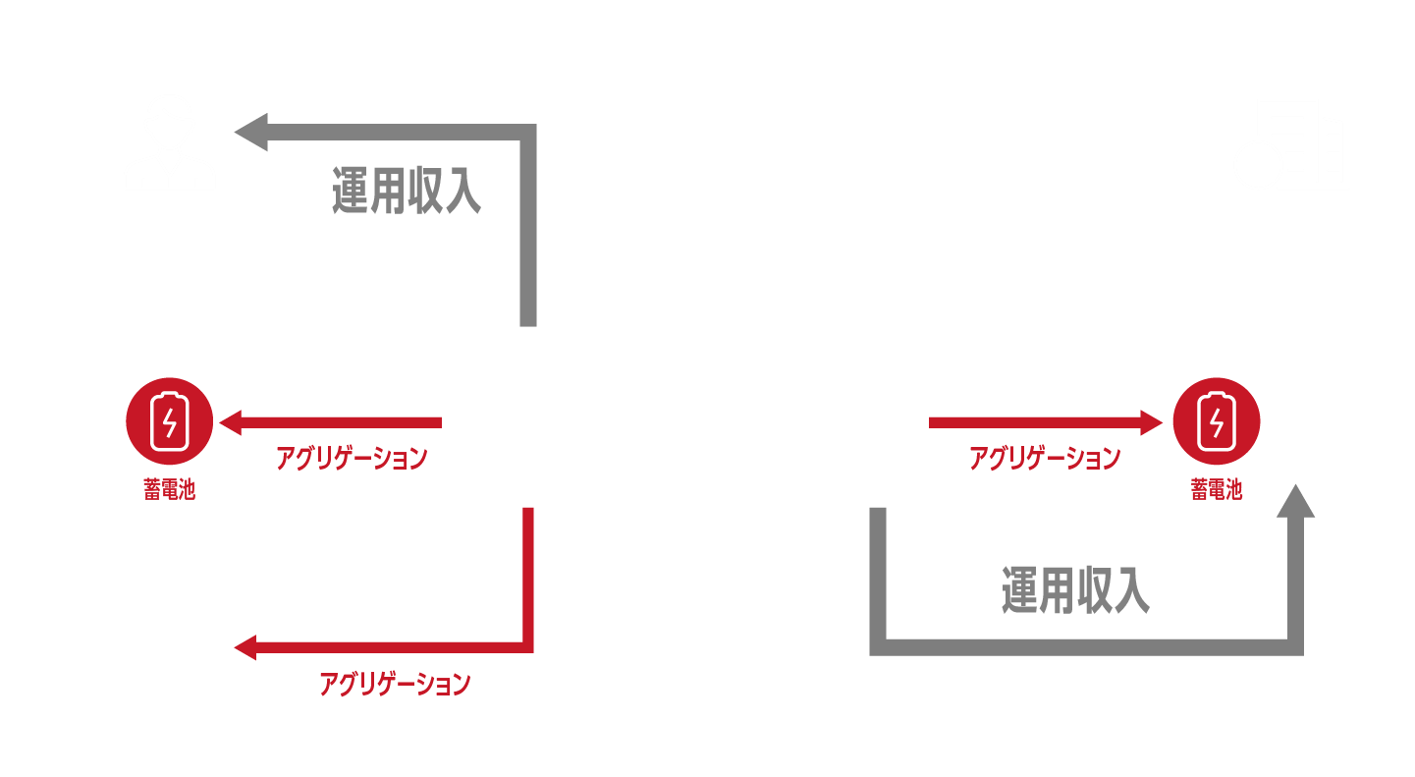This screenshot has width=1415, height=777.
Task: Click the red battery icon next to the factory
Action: coord(1215,423)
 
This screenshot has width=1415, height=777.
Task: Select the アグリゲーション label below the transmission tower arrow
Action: coord(394,684)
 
